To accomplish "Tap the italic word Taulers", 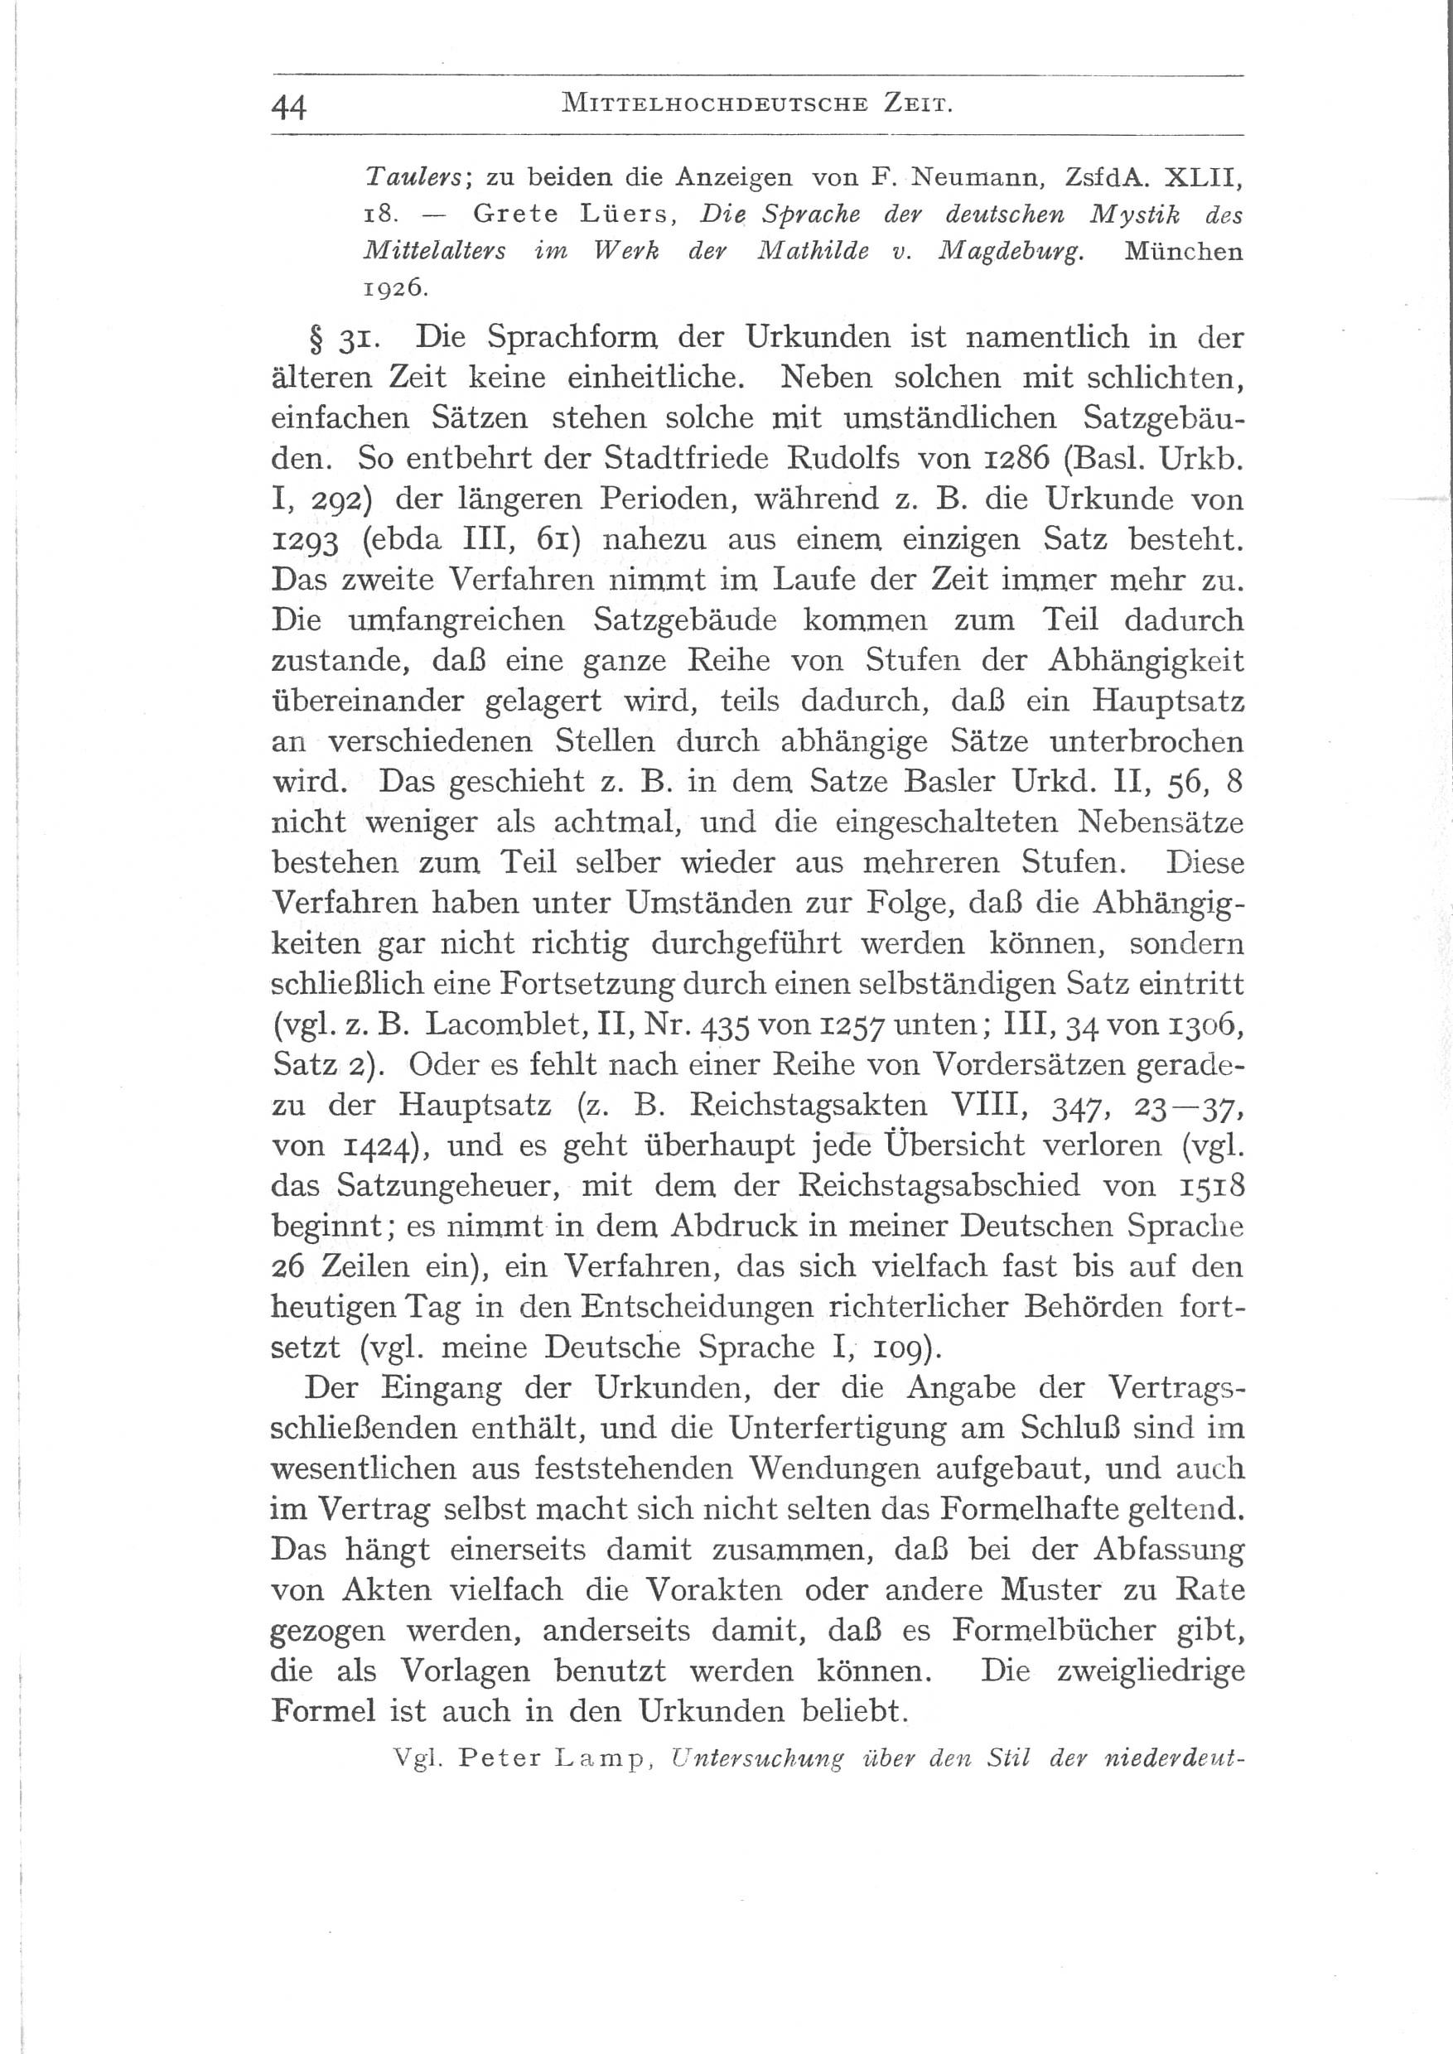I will [x=413, y=176].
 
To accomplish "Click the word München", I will [x=1183, y=252].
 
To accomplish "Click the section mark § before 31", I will [x=315, y=339].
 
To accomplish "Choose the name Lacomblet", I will [x=514, y=1024].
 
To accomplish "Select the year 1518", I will [x=1211, y=1185].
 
